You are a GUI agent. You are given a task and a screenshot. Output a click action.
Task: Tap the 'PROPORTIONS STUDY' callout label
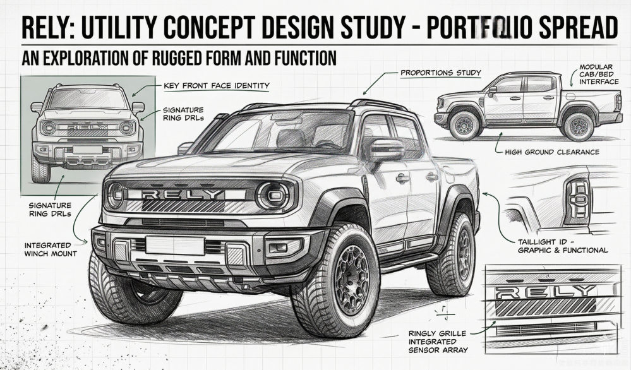pos(441,73)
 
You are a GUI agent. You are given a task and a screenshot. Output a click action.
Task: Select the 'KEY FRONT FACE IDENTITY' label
pos(217,86)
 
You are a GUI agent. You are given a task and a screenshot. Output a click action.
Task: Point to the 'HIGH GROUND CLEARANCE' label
pos(552,152)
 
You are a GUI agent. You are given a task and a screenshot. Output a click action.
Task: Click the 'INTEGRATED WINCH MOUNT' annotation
pos(51,249)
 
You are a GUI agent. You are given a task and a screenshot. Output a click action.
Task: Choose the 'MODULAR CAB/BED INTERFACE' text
pos(596,75)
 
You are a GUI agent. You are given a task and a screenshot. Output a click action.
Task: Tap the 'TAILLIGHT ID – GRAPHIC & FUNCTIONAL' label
pos(563,246)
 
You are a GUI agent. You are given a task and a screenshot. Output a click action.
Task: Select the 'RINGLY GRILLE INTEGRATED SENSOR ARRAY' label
pos(438,342)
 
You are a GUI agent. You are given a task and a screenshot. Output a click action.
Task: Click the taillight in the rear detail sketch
pos(576,201)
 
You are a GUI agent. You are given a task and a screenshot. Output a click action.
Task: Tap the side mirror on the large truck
pos(386,150)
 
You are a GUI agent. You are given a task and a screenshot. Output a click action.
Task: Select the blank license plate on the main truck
pos(175,245)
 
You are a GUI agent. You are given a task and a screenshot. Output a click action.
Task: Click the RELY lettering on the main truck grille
pos(182,194)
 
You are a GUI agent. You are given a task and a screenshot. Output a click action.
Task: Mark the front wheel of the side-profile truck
pos(466,125)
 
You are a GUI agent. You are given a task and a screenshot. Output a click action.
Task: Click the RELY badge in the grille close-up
pos(544,292)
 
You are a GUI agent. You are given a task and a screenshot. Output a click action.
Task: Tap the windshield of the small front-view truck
pos(88,99)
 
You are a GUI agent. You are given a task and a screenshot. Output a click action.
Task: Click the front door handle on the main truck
pos(402,178)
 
